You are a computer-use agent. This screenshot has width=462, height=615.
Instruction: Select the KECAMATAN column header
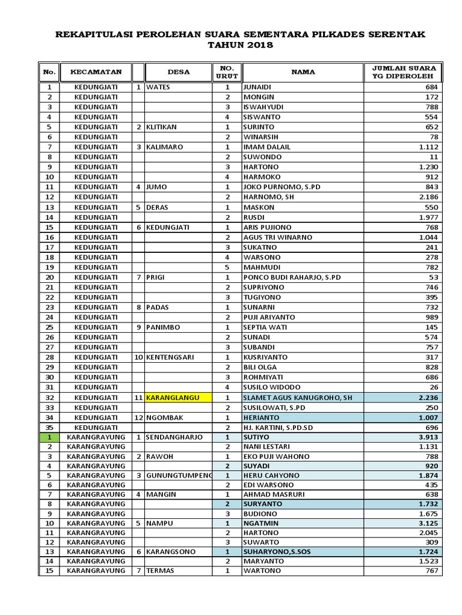[96, 72]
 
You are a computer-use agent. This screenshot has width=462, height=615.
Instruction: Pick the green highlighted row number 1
[49, 437]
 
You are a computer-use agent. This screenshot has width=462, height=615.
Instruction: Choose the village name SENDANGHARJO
[174, 437]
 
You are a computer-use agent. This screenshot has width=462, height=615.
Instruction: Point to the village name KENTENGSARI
[170, 357]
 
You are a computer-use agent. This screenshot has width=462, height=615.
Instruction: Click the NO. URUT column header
[227, 72]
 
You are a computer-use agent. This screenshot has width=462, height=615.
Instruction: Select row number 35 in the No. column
[49, 427]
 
